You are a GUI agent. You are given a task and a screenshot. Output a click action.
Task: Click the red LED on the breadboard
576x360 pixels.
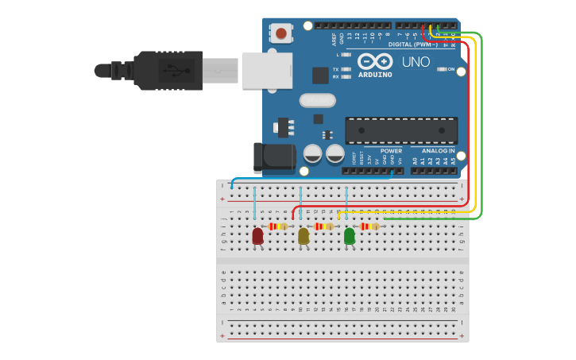(x=257, y=236)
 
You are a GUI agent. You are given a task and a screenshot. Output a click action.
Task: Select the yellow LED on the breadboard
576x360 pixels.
(x=303, y=236)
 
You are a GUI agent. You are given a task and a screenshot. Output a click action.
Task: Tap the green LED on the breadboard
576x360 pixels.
(x=350, y=236)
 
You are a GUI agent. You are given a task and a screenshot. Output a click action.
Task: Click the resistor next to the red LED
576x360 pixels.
(x=277, y=226)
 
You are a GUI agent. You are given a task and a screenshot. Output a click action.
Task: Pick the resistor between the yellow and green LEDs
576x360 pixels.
(x=323, y=226)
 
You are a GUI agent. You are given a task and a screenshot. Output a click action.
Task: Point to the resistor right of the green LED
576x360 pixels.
(x=369, y=226)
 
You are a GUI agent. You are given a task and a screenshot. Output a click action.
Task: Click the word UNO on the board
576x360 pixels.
(x=416, y=62)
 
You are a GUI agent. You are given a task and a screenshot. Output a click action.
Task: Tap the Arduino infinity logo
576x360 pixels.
(x=375, y=61)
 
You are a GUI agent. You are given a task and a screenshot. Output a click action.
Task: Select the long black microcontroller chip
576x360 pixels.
(x=401, y=130)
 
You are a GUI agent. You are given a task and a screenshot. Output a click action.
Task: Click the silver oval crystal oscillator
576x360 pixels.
(x=318, y=101)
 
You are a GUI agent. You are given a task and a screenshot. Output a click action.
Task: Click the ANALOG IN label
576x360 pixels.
(x=438, y=150)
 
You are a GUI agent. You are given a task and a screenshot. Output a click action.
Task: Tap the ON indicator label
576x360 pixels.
(x=450, y=69)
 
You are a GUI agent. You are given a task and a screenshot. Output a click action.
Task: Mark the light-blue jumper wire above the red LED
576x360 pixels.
(x=254, y=203)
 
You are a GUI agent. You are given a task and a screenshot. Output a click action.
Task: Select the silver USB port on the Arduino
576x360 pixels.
(x=262, y=70)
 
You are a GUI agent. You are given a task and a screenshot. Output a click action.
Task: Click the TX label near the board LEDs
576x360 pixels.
(x=336, y=69)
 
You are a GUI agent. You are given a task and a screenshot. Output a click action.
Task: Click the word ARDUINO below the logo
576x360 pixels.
(x=375, y=75)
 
